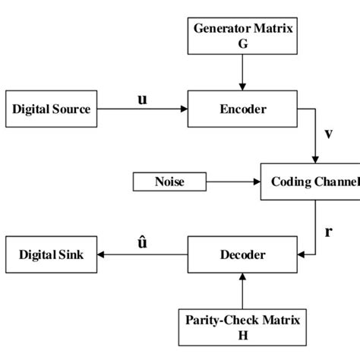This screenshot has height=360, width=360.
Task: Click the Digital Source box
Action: pyautogui.click(x=51, y=109)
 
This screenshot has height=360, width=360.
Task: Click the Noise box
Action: pyautogui.click(x=169, y=182)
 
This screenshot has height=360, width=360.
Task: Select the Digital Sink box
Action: pyautogui.click(x=51, y=254)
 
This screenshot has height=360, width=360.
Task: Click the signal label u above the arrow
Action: pyautogui.click(x=142, y=99)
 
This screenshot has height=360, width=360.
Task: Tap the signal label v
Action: pyautogui.click(x=328, y=134)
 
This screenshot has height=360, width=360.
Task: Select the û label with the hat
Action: pyautogui.click(x=142, y=243)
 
